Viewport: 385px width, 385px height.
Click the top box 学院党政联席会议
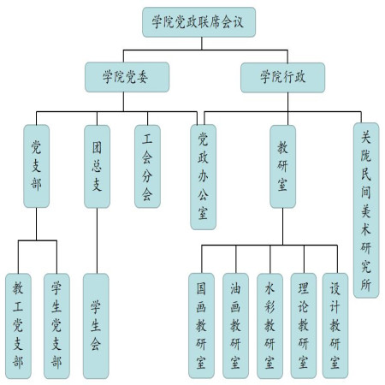(198, 22)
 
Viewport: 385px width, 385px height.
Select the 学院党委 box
(127, 77)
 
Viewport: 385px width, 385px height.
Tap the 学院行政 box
(282, 78)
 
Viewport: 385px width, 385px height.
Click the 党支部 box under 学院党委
(36, 166)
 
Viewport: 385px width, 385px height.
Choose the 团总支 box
(97, 166)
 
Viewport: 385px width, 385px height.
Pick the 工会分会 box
(147, 166)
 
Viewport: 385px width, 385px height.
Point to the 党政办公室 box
(203, 177)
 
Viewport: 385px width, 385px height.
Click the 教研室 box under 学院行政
(282, 166)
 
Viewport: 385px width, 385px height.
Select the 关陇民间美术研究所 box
(366, 210)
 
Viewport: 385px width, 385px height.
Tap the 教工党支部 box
(18, 326)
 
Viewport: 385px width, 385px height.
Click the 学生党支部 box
(56, 326)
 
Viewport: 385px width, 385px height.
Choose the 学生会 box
(96, 326)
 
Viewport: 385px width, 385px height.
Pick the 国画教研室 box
(201, 326)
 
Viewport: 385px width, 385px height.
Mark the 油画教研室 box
(235, 326)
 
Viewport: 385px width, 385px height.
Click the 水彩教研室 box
(269, 326)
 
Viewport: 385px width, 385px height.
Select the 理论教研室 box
(304, 326)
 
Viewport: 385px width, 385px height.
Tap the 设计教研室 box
(335, 326)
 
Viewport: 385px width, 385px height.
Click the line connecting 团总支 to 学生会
(97, 240)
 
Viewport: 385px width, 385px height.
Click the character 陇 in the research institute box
(366, 156)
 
